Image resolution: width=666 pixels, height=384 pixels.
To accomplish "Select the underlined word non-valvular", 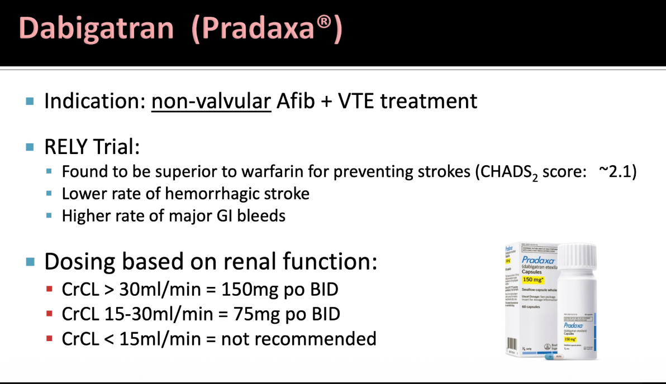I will (x=211, y=101).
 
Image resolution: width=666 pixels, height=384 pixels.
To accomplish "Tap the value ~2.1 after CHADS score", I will (x=617, y=172).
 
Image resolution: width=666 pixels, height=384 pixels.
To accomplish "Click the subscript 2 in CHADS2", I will (x=535, y=177).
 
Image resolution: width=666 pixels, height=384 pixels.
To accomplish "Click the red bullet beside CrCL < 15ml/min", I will (x=50, y=338).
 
